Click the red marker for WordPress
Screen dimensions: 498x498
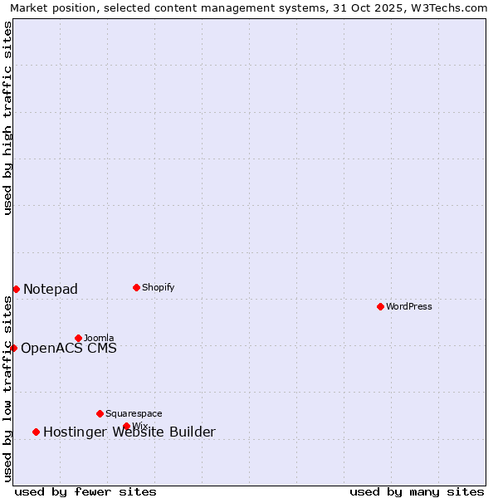pos(380,306)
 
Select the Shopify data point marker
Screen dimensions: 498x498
pos(136,287)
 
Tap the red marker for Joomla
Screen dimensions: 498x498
pos(78,338)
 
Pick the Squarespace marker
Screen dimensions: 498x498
pos(100,413)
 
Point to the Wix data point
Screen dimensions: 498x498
pos(126,426)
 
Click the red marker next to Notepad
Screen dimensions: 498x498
pos(16,289)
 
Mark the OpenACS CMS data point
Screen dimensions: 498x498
pos(13,348)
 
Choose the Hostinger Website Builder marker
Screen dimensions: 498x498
pos(36,432)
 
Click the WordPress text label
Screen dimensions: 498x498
pos(408,306)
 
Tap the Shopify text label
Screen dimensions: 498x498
pos(158,287)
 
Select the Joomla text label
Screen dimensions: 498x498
pos(99,338)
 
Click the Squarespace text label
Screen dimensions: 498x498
pos(134,413)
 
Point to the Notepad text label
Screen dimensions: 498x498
pos(51,289)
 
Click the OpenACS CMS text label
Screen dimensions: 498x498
pos(69,348)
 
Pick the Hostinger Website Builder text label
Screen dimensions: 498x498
pos(129,432)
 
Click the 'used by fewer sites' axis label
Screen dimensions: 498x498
pos(85,491)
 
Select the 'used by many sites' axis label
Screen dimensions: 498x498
pos(417,491)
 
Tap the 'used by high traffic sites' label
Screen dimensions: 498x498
pos(7,118)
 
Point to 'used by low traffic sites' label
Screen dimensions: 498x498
pos(7,388)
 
